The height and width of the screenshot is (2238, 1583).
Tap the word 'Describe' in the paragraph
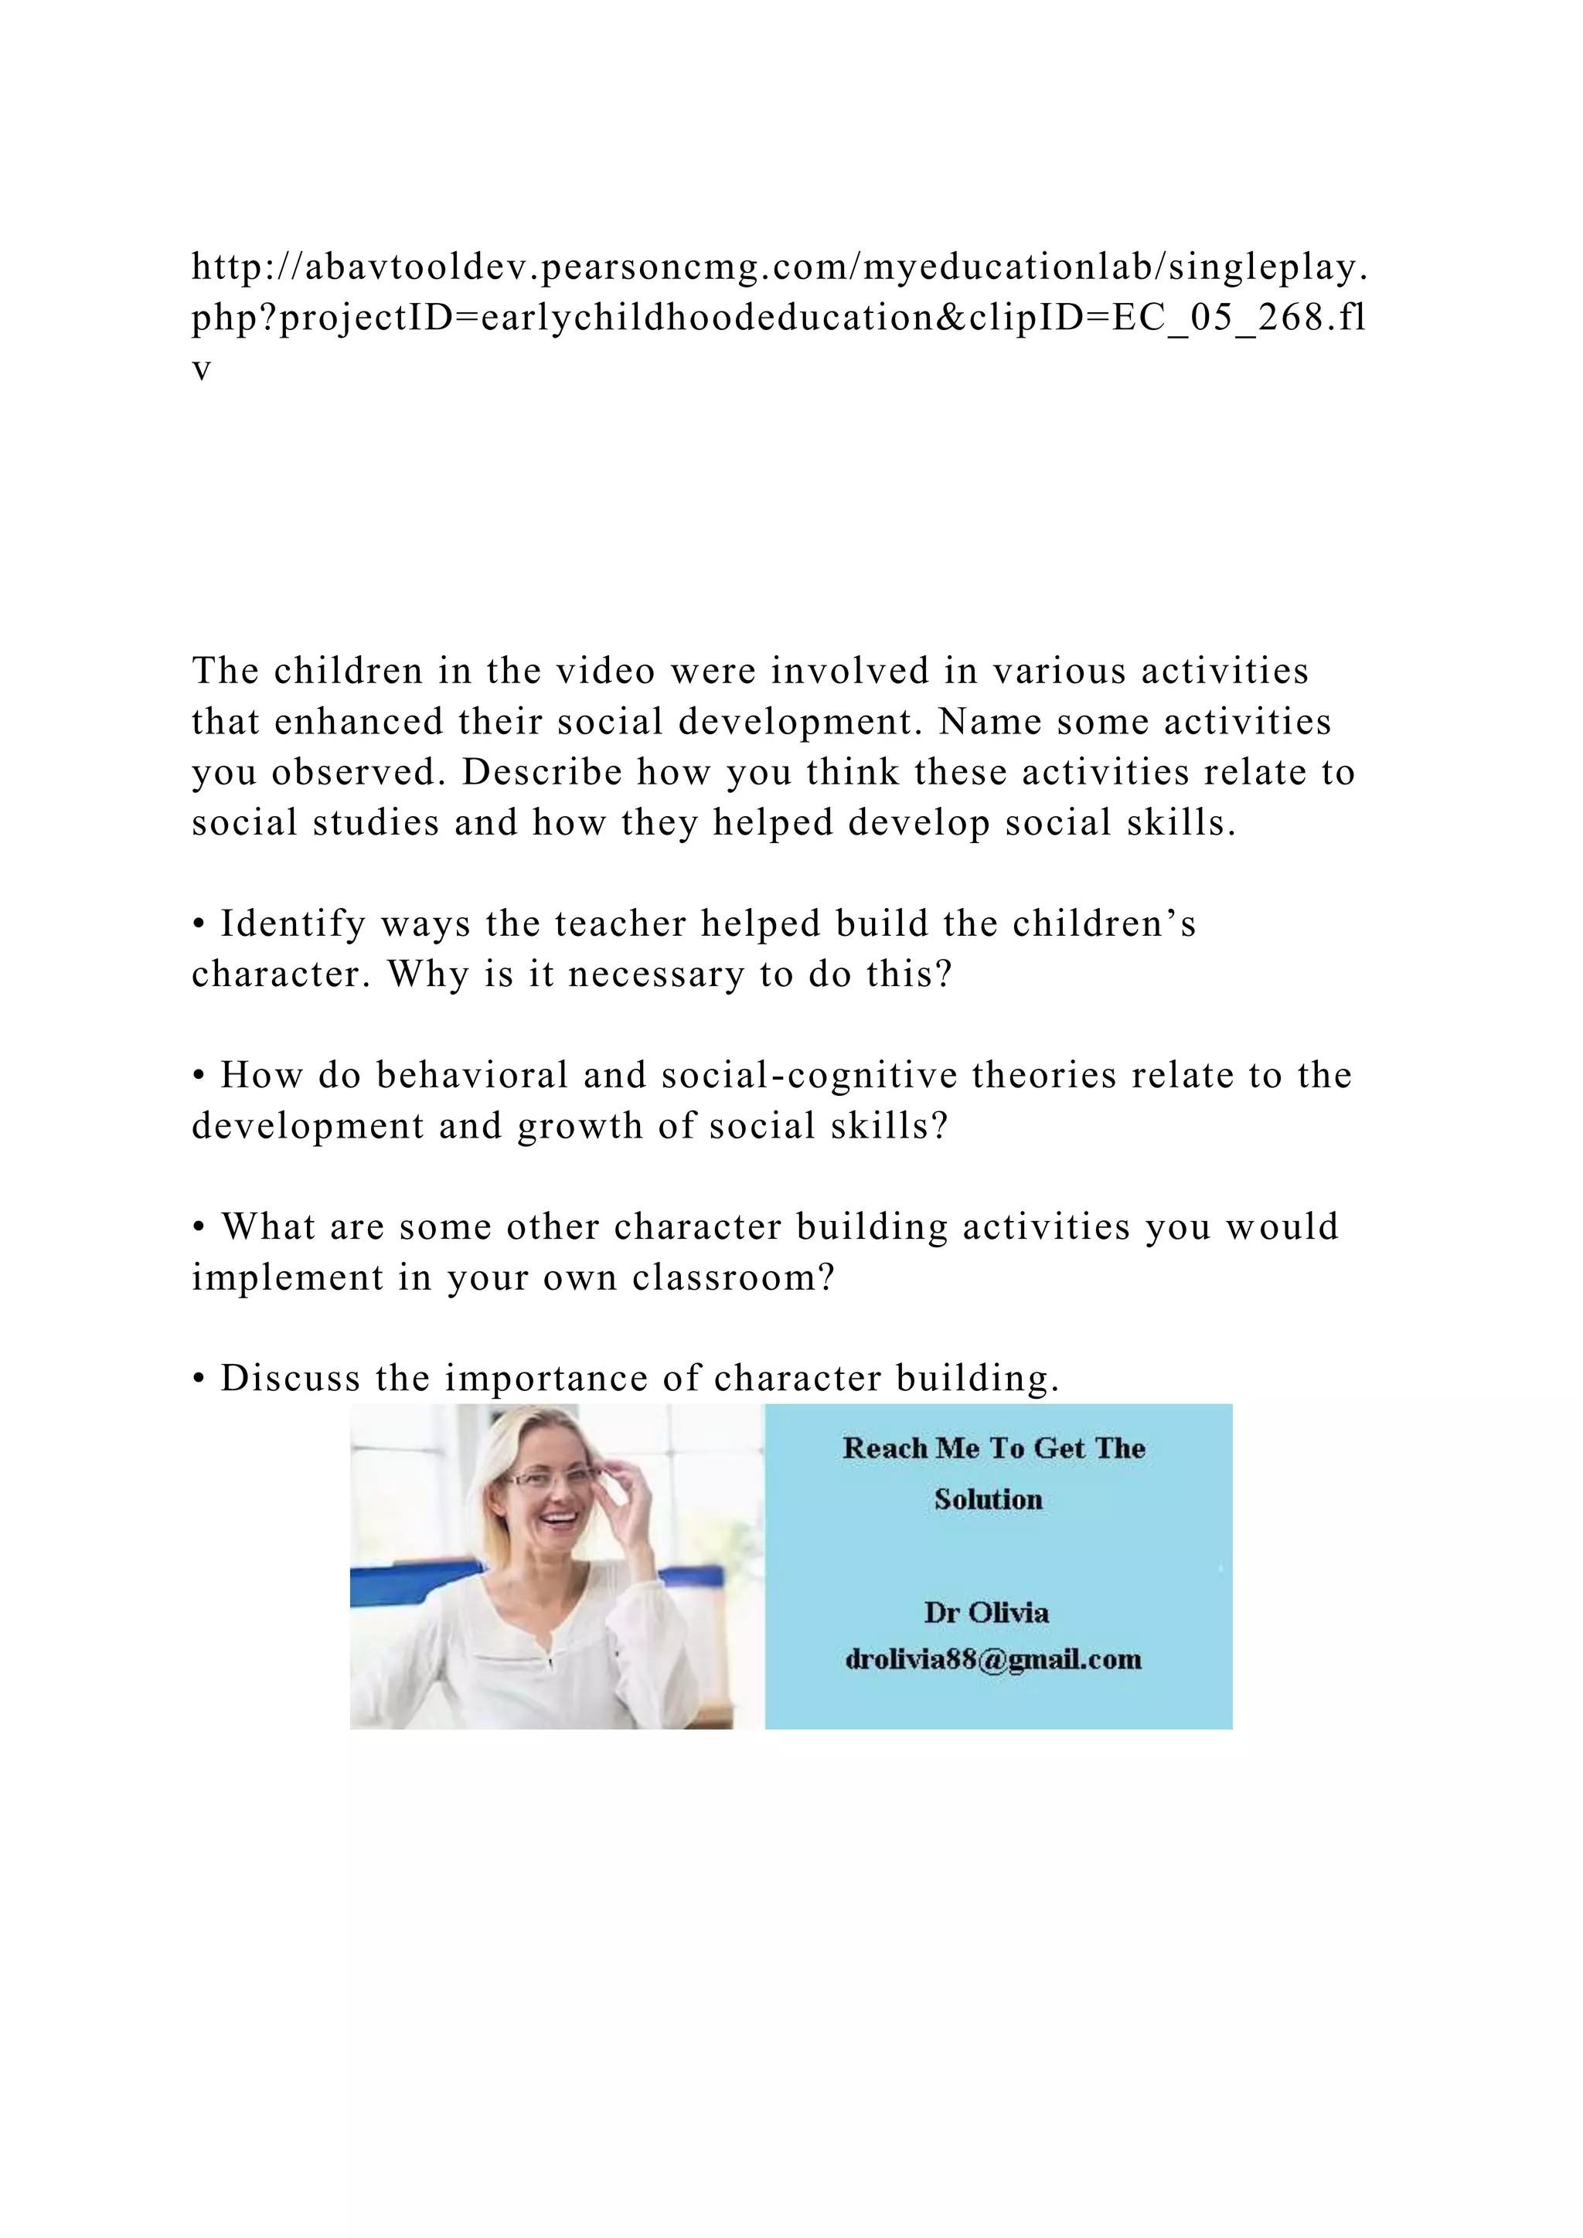[542, 773]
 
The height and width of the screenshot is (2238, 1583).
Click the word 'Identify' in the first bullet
[292, 924]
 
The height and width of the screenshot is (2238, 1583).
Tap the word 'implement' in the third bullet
[288, 1278]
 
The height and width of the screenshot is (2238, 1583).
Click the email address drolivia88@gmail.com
[993, 1659]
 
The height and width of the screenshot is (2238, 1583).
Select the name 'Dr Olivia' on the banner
[986, 1612]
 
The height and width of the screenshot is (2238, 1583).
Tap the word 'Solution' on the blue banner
[989, 1499]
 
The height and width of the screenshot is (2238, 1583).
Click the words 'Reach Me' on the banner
[911, 1448]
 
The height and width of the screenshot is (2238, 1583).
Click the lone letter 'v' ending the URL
[202, 370]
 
